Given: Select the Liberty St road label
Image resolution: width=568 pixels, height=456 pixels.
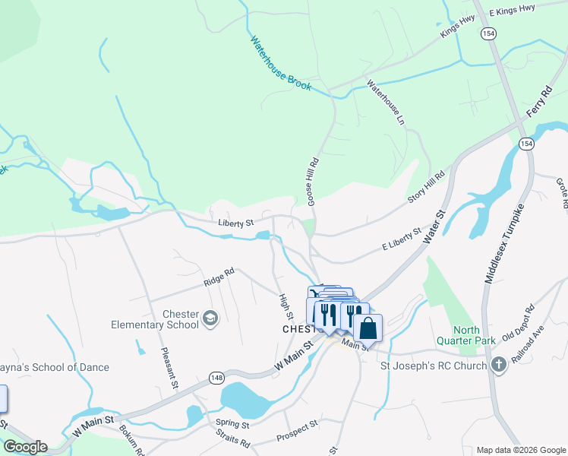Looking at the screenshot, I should [x=234, y=223].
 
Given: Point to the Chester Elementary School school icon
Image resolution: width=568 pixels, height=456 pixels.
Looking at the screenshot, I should [x=210, y=318].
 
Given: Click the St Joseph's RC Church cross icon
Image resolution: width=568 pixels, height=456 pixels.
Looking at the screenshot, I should [x=498, y=365].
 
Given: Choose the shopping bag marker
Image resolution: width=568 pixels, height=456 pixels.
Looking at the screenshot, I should [x=368, y=328].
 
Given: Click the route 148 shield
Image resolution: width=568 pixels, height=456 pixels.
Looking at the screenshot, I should [x=217, y=378].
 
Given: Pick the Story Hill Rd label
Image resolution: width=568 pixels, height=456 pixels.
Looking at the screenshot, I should [x=426, y=186].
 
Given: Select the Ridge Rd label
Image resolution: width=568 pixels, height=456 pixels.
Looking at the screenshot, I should [x=219, y=277].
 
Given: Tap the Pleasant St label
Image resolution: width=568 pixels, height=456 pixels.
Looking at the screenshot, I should [x=169, y=369].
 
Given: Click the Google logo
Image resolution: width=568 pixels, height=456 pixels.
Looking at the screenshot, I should [x=24, y=447].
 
